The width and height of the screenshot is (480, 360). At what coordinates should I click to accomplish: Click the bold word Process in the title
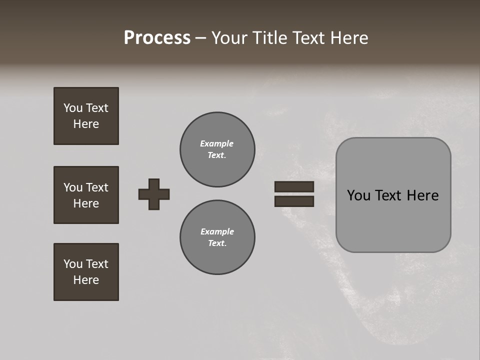pyautogui.click(x=157, y=38)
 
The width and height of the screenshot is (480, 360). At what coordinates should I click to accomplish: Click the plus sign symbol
pyautogui.click(x=154, y=194)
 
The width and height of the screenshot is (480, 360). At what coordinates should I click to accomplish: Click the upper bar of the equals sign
pyautogui.click(x=294, y=186)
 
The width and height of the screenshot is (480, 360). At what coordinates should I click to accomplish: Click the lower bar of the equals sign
pyautogui.click(x=294, y=201)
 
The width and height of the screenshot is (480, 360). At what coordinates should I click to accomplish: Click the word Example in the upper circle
pyautogui.click(x=217, y=143)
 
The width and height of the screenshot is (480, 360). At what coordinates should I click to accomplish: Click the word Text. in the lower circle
pyautogui.click(x=217, y=243)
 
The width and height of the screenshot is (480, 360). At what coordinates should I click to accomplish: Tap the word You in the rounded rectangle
pyautogui.click(x=358, y=195)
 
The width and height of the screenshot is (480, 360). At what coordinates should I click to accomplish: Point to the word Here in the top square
pyautogui.click(x=86, y=124)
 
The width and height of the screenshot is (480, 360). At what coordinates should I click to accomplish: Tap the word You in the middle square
pyautogui.click(x=73, y=187)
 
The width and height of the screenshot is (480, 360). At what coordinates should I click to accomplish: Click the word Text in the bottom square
pyautogui.click(x=96, y=264)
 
